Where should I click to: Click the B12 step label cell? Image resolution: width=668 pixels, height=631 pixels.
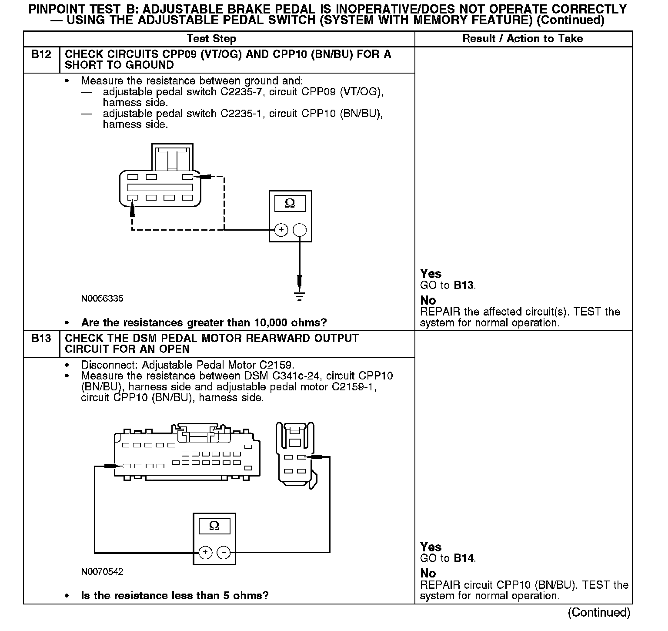41,55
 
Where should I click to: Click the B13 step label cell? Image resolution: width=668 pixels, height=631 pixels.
41,339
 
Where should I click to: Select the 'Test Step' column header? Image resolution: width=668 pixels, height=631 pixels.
211,39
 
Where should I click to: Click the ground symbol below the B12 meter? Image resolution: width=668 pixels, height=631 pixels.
299,296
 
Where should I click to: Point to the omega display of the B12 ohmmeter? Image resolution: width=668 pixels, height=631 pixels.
290,204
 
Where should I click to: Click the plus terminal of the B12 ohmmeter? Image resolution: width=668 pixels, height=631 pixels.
281,230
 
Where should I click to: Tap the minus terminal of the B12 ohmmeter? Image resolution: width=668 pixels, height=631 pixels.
300,230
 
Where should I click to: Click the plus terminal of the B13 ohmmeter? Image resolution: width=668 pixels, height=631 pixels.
205,553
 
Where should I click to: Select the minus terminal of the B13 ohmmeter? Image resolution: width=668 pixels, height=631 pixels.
224,553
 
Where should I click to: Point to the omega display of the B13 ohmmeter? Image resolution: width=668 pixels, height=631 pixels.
214,526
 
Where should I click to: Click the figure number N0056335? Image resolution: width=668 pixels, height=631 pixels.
102,299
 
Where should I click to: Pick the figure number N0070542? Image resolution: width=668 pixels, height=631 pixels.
102,571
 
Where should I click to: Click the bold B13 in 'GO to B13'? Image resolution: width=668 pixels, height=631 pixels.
464,285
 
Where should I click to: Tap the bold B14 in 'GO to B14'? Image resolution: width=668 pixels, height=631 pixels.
464,558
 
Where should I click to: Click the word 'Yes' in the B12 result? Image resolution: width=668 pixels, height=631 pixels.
431,274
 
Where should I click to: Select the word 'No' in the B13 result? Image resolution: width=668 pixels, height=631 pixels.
428,573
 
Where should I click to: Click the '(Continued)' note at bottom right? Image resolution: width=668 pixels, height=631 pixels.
599,613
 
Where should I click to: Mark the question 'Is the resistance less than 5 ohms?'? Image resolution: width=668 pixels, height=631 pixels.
175,595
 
